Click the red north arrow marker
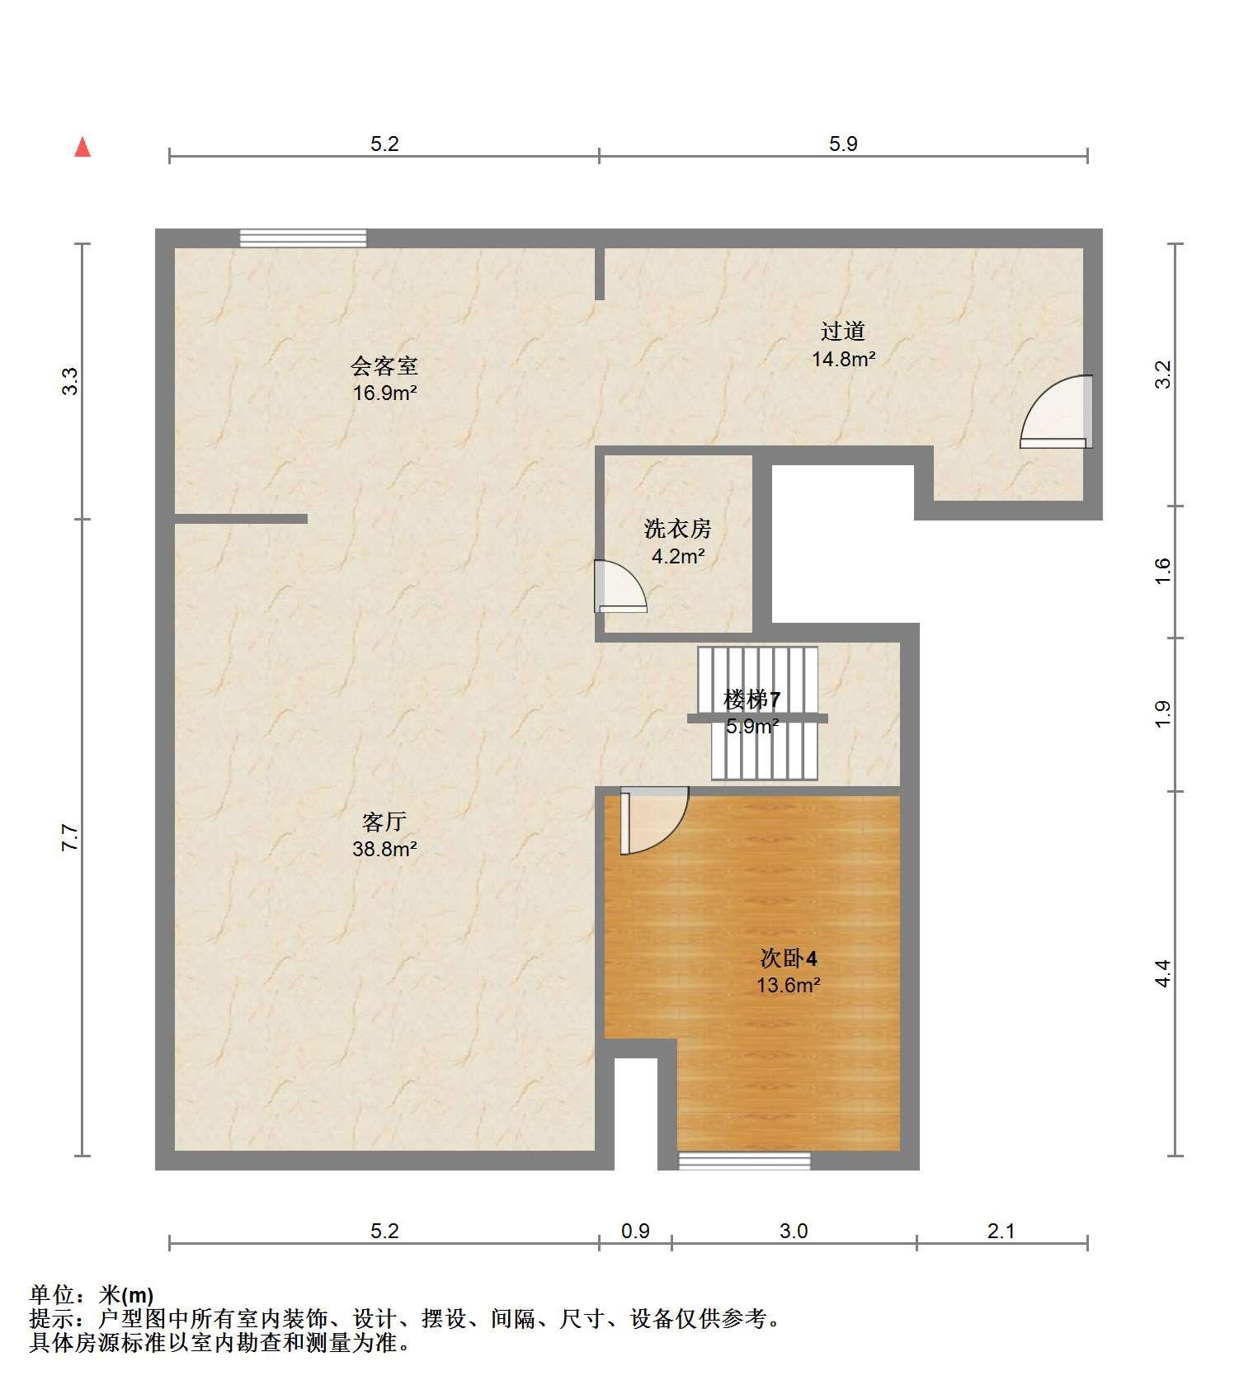click(x=82, y=147)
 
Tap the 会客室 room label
click(x=384, y=365)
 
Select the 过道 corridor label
click(x=843, y=332)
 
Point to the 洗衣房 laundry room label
click(x=678, y=528)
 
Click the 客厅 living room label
click(x=384, y=822)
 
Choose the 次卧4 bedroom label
click(x=789, y=959)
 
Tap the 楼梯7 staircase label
click(x=752, y=700)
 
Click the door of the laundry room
click(x=620, y=586)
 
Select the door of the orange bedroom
click(x=654, y=821)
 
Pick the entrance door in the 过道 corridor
click(x=1057, y=412)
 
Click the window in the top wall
click(x=303, y=238)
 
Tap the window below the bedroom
click(x=744, y=1161)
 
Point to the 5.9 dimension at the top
click(x=843, y=144)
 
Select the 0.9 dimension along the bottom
click(x=635, y=1232)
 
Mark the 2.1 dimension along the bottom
click(x=1001, y=1232)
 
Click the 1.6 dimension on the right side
click(x=1162, y=571)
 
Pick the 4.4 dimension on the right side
click(x=1162, y=973)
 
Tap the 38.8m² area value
click(x=384, y=848)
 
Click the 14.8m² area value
click(x=843, y=359)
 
